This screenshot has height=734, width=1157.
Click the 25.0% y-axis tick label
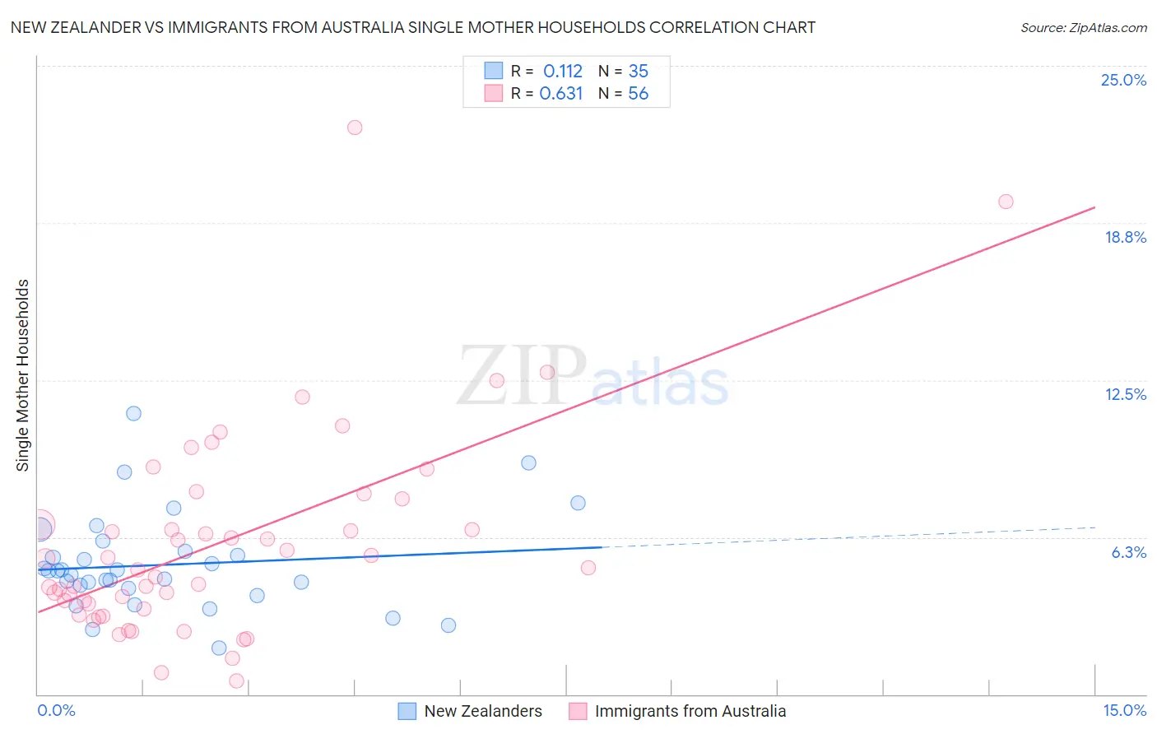[1123, 80]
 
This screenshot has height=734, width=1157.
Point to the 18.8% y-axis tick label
[1125, 237]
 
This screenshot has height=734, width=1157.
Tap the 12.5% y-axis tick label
[1125, 394]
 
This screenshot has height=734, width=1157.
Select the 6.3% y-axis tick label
[1128, 552]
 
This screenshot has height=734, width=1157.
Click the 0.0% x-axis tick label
[56, 710]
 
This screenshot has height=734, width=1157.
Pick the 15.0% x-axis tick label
[1124, 710]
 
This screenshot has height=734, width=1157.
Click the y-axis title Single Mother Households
[23, 375]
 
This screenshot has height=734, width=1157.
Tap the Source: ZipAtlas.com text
[1083, 28]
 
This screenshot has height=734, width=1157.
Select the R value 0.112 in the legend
[563, 72]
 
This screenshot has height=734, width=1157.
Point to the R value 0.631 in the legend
[561, 94]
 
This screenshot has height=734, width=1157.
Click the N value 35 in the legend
[639, 72]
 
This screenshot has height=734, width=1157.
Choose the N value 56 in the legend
[639, 94]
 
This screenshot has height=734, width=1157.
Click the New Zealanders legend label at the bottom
[483, 711]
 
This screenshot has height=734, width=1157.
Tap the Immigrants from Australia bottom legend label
[690, 711]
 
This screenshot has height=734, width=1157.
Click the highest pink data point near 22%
[355, 128]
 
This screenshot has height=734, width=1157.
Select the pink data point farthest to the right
[1006, 202]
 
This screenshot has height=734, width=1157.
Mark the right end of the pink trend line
[1094, 207]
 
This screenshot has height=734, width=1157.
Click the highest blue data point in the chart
[133, 413]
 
